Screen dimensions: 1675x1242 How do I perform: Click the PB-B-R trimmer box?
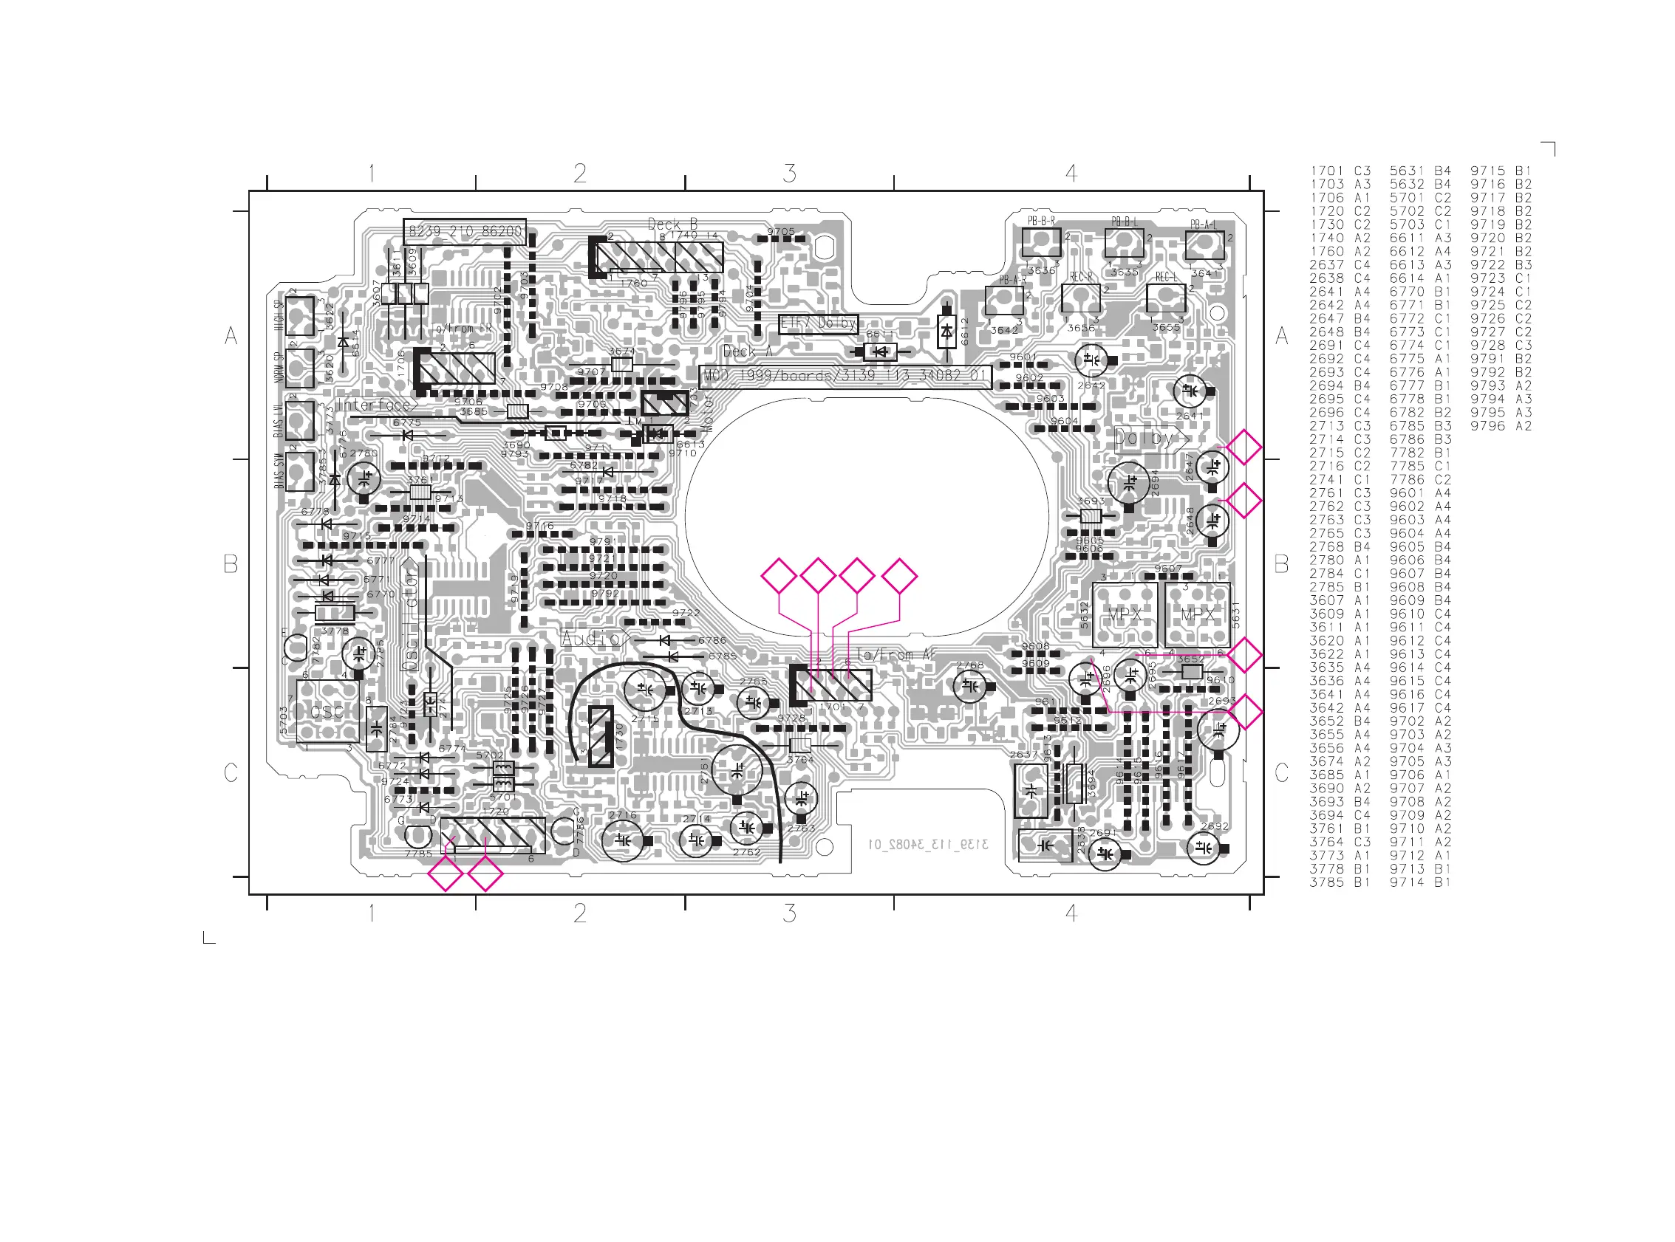point(1041,242)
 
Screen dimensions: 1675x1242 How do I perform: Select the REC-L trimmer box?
point(1165,298)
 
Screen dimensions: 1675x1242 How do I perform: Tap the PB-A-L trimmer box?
point(1204,246)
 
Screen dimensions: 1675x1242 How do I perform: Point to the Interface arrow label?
point(375,405)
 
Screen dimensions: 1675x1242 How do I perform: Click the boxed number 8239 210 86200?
point(464,232)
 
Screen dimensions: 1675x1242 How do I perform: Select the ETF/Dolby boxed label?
point(818,323)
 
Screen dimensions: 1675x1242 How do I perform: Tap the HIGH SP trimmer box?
point(299,317)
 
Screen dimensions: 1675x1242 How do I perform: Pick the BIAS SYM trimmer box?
point(299,472)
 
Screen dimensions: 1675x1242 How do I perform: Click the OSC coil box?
point(327,710)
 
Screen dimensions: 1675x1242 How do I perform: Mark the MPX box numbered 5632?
point(1124,614)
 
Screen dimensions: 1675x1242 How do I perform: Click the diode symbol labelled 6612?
point(946,330)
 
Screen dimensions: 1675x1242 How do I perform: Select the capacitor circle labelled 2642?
point(1091,361)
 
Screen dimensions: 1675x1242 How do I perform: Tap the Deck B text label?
point(672,224)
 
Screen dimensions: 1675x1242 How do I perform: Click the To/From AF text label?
point(895,655)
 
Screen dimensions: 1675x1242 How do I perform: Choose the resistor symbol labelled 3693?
point(1091,515)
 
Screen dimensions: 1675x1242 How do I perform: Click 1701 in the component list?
point(1326,171)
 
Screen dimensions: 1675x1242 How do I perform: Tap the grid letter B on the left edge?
point(231,564)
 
